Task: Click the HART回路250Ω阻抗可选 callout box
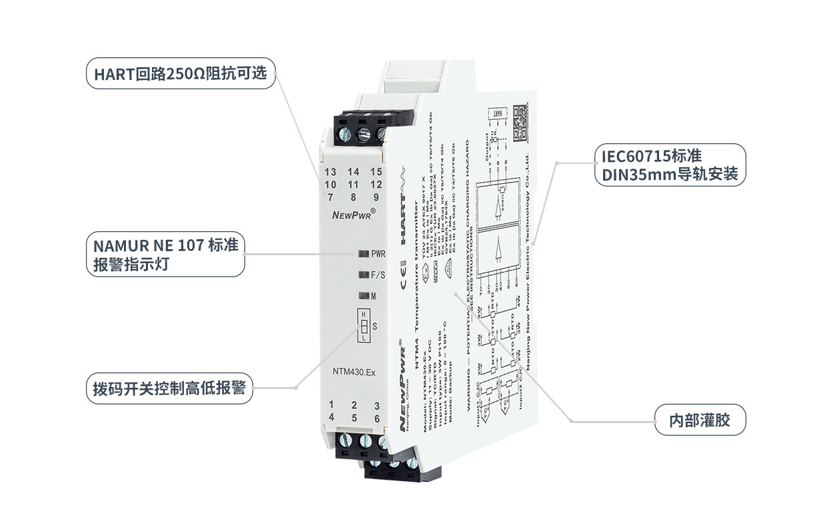(181, 73)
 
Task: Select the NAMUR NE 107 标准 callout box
(165, 254)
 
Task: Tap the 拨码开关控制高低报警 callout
(170, 388)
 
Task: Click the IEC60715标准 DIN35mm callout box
(670, 165)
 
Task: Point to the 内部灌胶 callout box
(700, 420)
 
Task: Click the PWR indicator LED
(363, 254)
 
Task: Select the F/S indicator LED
(363, 274)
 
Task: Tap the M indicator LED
(363, 295)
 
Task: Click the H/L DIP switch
(364, 326)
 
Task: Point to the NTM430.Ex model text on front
(354, 372)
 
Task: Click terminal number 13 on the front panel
(331, 173)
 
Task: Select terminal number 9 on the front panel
(377, 197)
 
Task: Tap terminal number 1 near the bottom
(331, 405)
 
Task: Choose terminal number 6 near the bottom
(377, 418)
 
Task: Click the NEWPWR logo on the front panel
(353, 215)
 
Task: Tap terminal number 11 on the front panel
(353, 185)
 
